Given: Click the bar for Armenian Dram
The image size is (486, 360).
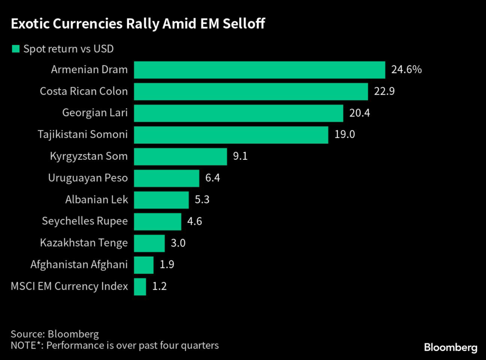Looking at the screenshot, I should [259, 70].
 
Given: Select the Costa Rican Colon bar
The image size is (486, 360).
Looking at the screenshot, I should [251, 92].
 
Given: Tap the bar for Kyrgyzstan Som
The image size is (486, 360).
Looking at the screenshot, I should [180, 156].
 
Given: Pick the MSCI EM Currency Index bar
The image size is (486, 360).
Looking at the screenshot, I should [140, 286].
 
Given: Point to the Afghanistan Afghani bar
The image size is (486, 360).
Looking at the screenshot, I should [144, 265].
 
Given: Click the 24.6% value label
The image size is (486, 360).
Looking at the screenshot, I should [406, 70].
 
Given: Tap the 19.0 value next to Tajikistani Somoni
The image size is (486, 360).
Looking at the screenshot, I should [345, 135].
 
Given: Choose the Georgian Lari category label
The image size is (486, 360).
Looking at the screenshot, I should [95, 113].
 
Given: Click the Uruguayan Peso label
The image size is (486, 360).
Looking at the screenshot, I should [88, 178].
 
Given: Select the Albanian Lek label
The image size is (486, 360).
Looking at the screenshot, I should [96, 200].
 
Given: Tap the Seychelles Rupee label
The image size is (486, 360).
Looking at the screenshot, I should [84, 222].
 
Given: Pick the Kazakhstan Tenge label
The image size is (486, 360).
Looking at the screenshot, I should [84, 243].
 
